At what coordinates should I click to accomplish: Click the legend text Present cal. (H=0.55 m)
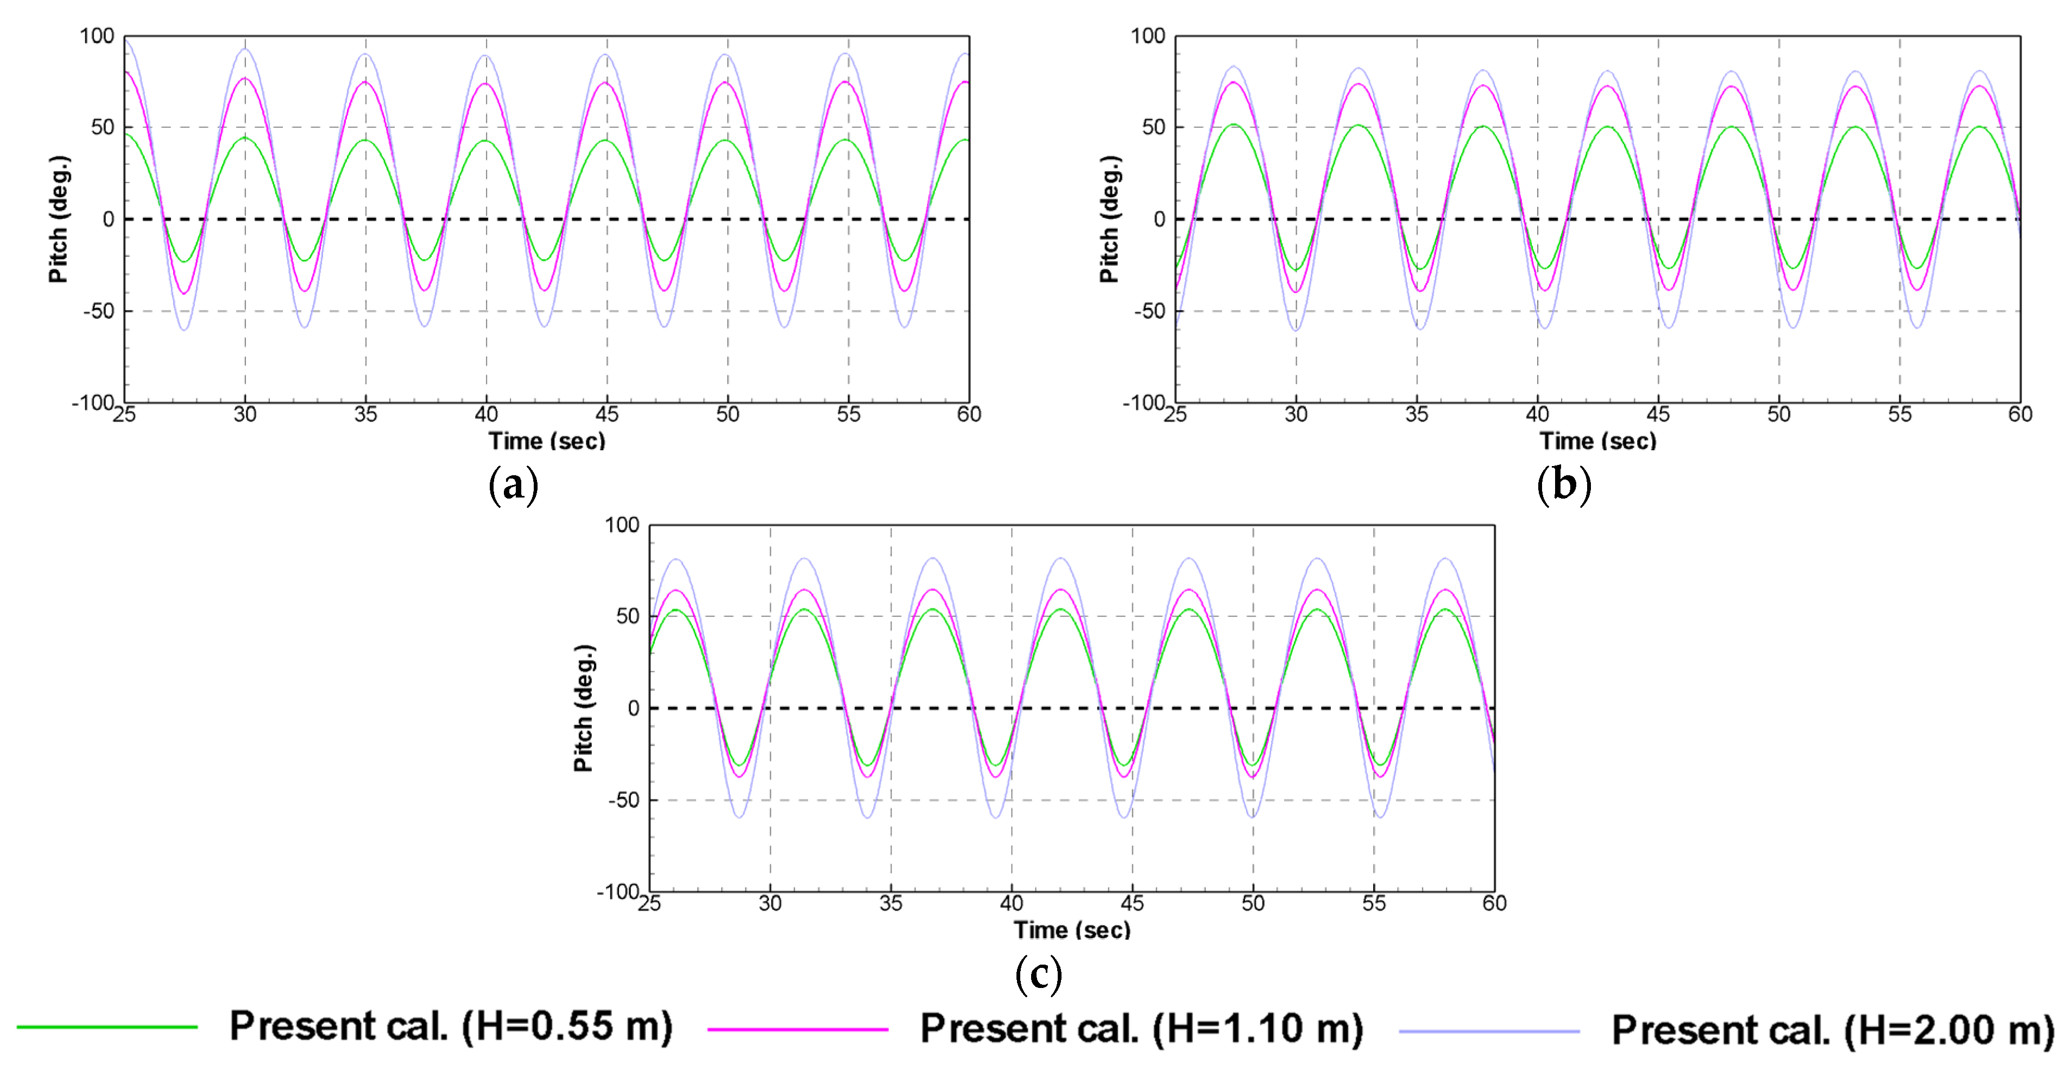(451, 1027)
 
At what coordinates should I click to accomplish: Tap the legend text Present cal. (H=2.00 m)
(1833, 1030)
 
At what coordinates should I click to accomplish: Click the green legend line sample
(107, 1027)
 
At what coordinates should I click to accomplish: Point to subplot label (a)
(513, 485)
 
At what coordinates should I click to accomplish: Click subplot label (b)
(1564, 485)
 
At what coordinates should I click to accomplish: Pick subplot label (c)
(1038, 974)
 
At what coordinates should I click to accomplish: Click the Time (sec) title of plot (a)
(547, 441)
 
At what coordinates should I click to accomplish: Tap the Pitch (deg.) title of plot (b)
(1110, 219)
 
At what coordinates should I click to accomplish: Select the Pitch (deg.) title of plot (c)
(584, 708)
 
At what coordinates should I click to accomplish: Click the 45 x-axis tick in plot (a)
(607, 414)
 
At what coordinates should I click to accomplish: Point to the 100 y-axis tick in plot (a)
(97, 36)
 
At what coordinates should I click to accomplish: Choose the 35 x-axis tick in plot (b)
(1417, 414)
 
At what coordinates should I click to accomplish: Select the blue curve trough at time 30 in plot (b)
(1296, 330)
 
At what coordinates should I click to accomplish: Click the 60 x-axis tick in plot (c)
(1494, 903)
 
